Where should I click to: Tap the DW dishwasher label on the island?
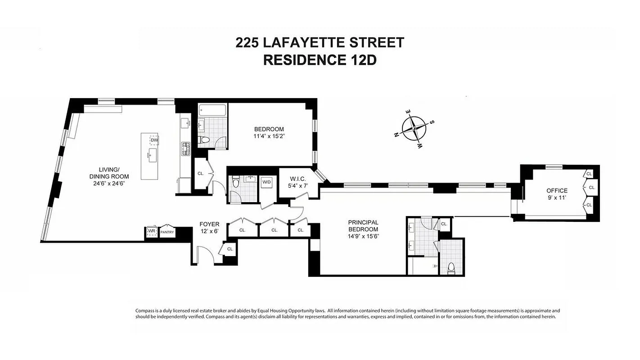point(154,140)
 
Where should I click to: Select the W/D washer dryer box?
point(266,182)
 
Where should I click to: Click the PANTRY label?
point(167,232)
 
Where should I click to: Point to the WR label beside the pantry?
point(151,232)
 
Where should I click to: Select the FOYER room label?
point(210,224)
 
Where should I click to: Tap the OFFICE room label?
point(557,190)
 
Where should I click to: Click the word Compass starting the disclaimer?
point(145,310)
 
